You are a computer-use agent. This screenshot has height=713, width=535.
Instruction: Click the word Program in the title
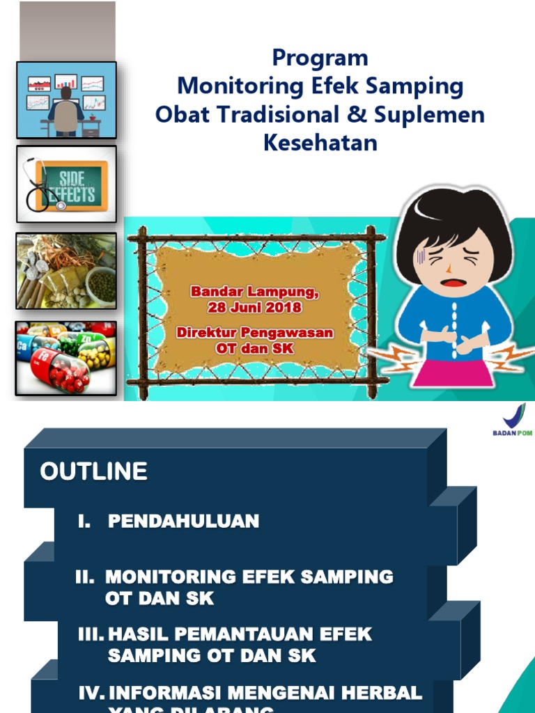[320, 57]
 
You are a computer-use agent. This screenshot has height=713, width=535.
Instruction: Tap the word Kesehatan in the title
[320, 142]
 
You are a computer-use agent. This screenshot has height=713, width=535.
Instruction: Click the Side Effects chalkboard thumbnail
[66, 184]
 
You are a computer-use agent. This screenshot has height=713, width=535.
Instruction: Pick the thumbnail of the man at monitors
[66, 100]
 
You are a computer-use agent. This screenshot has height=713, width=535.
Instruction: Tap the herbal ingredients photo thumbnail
[66, 271]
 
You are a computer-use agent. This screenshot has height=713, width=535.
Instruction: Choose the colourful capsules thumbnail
[66, 358]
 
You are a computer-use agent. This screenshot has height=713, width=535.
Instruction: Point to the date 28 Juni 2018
[254, 307]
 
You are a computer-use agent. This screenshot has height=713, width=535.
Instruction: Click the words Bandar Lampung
[254, 292]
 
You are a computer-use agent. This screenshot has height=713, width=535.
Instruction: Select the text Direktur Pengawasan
[254, 333]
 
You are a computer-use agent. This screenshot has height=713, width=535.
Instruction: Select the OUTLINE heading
[93, 472]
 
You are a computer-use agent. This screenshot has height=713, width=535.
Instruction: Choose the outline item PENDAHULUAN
[183, 521]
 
